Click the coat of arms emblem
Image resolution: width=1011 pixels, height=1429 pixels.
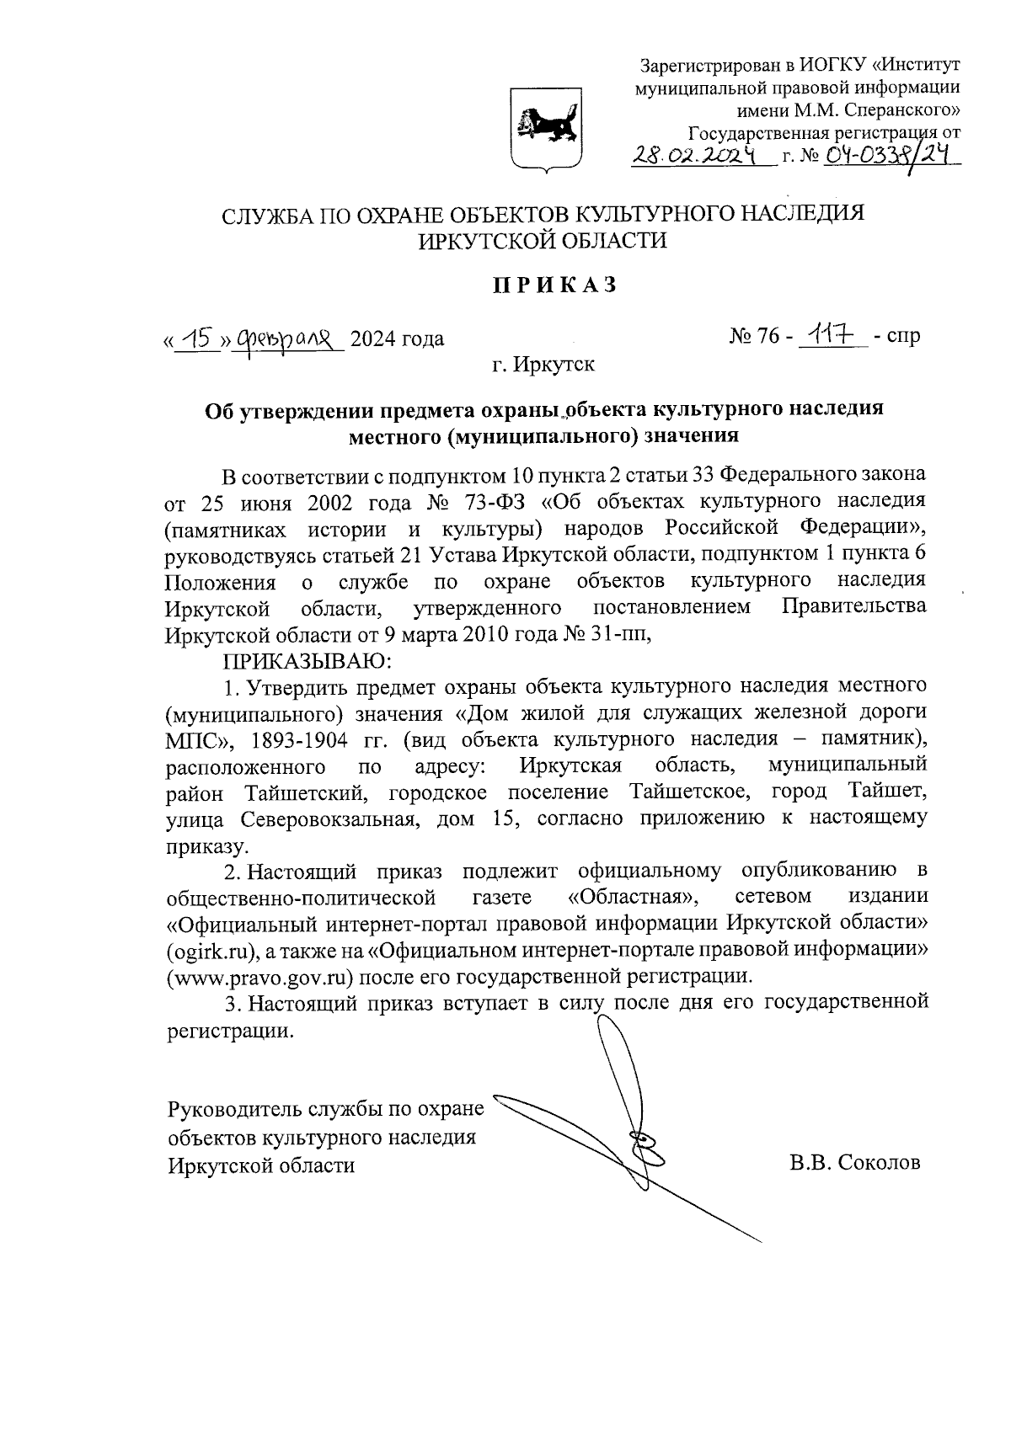[546, 133]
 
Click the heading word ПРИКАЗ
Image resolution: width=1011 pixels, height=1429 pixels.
[555, 285]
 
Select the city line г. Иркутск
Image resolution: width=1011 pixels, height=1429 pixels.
[543, 365]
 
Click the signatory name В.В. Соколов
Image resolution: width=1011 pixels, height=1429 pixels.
[854, 1164]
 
